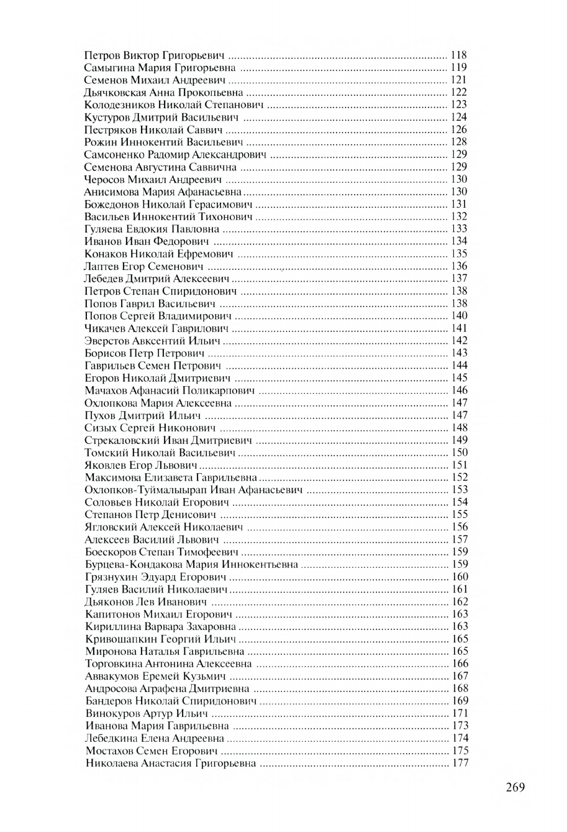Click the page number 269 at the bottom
(515, 787)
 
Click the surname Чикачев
(104, 328)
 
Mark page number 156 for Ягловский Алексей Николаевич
(460, 527)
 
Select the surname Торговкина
(112, 663)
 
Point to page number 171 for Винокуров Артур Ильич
(460, 713)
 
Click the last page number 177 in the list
(460, 763)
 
